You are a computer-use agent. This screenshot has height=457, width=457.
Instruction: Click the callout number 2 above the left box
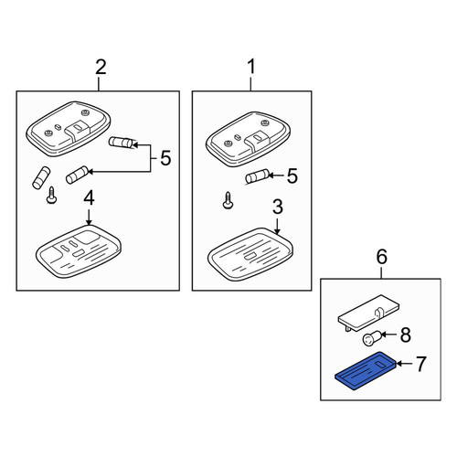[101, 68]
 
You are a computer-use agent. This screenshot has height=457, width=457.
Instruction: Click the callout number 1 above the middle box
[251, 67]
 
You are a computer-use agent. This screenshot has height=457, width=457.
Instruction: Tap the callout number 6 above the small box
[382, 257]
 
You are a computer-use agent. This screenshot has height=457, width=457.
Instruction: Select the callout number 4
[89, 198]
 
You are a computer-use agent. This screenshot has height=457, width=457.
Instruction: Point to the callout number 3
[278, 207]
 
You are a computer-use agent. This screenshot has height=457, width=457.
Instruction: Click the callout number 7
[420, 364]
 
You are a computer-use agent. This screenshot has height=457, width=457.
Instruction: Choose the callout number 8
[406, 335]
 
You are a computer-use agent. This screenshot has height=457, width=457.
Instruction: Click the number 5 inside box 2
[165, 158]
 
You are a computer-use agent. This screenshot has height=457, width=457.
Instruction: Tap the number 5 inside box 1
[292, 176]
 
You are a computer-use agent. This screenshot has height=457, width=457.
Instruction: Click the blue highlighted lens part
[366, 370]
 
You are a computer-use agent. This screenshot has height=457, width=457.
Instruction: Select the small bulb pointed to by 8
[371, 338]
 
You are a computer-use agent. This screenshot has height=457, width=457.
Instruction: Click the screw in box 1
[228, 200]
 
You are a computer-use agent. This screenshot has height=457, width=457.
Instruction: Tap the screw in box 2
[51, 195]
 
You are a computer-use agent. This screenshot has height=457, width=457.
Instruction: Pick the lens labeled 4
[79, 251]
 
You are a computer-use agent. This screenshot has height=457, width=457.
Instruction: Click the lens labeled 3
[250, 254]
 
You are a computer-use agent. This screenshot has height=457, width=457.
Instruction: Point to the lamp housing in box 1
[248, 139]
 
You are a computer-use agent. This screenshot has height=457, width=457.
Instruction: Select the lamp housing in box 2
[69, 129]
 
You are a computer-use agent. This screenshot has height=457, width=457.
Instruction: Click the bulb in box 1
[257, 176]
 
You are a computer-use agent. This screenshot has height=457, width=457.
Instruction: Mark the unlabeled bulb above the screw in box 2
[41, 177]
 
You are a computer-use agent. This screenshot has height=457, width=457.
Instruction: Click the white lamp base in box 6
[368, 313]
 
